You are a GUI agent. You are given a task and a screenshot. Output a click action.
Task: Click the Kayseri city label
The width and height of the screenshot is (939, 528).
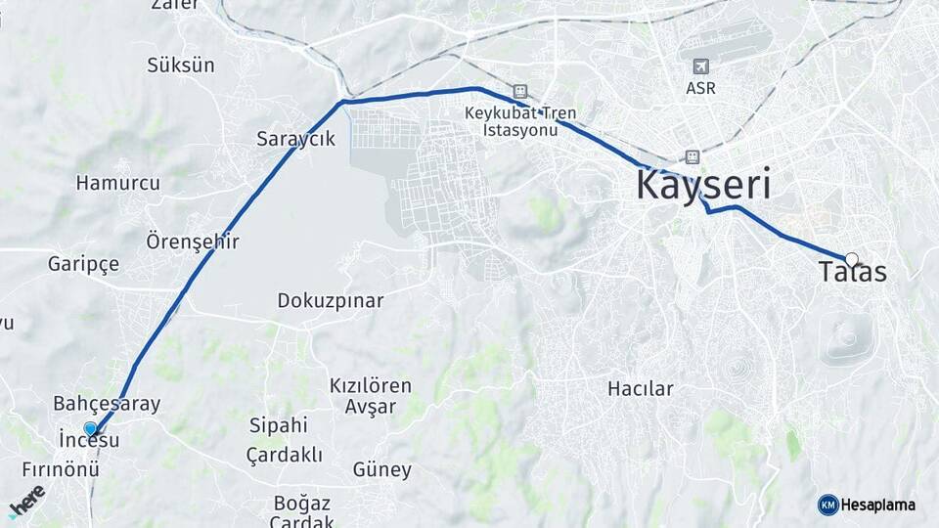[x=703, y=185]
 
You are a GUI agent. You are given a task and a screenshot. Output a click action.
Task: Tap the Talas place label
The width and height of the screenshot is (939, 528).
[x=854, y=273]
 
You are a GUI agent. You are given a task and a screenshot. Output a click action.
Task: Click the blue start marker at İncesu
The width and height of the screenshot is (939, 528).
[x=90, y=428]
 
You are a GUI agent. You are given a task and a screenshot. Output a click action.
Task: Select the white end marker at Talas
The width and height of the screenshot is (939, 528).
[x=851, y=259]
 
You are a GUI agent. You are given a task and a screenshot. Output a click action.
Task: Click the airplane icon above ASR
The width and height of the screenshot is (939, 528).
[x=700, y=66]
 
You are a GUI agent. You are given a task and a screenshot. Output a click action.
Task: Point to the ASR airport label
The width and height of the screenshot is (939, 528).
[x=700, y=88]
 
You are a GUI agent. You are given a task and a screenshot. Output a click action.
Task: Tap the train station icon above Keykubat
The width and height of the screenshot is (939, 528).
[x=519, y=91]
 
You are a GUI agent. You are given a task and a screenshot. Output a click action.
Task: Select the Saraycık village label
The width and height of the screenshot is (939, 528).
[x=295, y=139]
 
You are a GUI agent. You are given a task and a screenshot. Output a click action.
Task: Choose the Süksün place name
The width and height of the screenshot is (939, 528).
[x=180, y=66]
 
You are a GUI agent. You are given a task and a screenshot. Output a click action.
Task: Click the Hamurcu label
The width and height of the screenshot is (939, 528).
[x=117, y=183]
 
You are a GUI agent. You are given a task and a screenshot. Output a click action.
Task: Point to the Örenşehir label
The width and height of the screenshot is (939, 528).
[x=193, y=241]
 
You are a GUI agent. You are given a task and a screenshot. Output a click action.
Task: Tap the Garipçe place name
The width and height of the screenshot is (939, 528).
[x=83, y=264]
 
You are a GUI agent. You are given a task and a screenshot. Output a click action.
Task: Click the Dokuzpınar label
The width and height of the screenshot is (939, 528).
[x=331, y=300]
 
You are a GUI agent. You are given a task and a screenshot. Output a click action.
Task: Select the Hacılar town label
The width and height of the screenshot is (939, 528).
[x=640, y=389]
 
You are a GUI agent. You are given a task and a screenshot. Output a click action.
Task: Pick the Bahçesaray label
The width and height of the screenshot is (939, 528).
[x=107, y=404]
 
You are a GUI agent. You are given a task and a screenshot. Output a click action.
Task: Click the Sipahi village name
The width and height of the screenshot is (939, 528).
[x=278, y=425]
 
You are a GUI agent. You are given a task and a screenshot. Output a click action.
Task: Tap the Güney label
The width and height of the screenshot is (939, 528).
[x=381, y=470]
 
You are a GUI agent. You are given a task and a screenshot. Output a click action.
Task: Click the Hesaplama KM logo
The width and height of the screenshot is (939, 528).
[x=867, y=505]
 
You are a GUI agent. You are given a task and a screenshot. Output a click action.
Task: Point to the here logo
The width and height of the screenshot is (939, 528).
[x=26, y=500]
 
